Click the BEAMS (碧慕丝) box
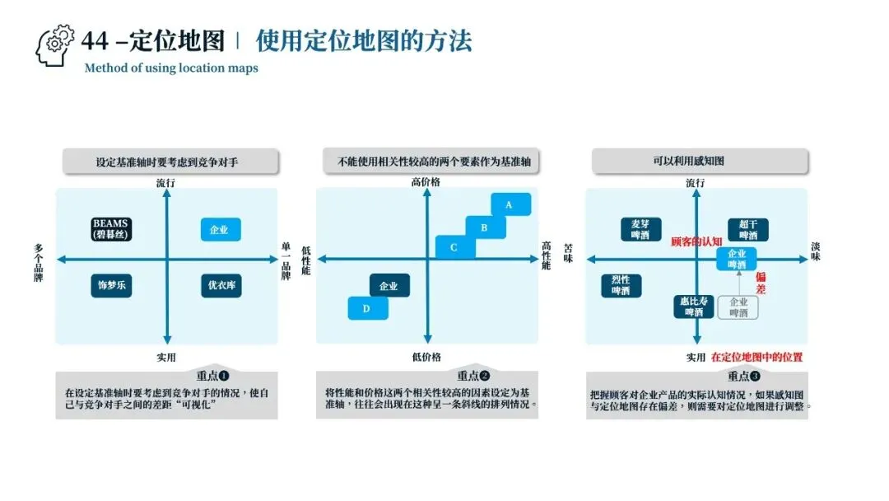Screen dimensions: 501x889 click(112, 229)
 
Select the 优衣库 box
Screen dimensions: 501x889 click(221, 286)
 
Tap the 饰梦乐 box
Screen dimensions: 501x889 click(112, 286)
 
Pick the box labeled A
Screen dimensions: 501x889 click(510, 204)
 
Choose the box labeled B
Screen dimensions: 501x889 click(485, 227)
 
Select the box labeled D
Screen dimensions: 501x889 click(368, 308)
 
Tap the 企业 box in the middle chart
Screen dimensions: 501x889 click(389, 286)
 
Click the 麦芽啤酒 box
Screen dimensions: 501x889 click(640, 229)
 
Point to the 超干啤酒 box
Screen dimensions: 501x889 click(748, 229)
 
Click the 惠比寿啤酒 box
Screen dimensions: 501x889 click(693, 307)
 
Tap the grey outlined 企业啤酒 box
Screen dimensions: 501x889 click(738, 307)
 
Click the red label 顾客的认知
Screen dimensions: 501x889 click(696, 241)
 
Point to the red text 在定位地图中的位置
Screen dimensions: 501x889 click(756, 358)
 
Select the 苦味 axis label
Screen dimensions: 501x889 click(568, 252)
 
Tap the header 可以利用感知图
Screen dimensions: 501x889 click(700, 162)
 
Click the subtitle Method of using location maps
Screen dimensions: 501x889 click(171, 68)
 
